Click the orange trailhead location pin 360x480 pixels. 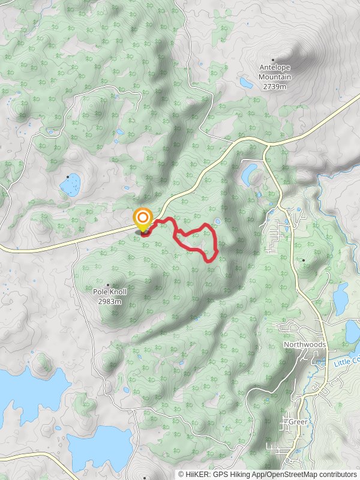tap(143, 218)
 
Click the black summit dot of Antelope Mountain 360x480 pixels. tap(273, 60)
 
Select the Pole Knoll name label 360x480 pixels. tap(109, 292)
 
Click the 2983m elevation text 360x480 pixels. tap(109, 301)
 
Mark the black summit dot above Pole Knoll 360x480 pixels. tap(108, 284)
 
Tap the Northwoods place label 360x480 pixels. tap(305, 345)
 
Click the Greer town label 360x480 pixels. tap(298, 422)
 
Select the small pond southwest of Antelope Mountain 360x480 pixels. tap(246, 83)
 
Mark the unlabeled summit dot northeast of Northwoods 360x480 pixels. tap(304, 260)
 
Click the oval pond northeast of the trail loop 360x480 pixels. tap(248, 173)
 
